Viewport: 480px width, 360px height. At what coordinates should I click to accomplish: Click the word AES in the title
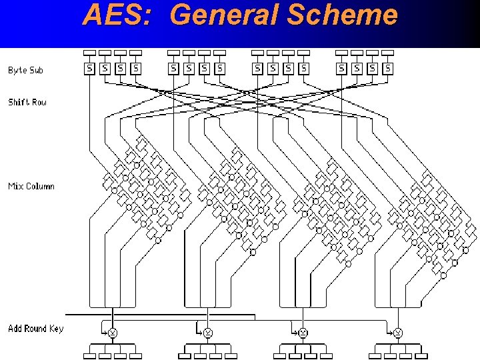pyautogui.click(x=109, y=15)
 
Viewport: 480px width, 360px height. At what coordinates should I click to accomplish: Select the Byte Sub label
pyautogui.click(x=26, y=70)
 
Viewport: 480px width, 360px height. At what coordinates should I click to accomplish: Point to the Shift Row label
pyautogui.click(x=27, y=102)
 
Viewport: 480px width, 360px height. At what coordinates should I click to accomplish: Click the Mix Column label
pyautogui.click(x=31, y=186)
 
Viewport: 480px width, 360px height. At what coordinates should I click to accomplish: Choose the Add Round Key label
pyautogui.click(x=36, y=328)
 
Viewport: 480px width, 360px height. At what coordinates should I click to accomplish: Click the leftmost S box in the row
pyautogui.click(x=89, y=67)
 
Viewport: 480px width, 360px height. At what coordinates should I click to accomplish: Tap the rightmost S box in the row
pyautogui.click(x=388, y=67)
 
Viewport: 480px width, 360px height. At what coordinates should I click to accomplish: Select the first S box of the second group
pyautogui.click(x=173, y=67)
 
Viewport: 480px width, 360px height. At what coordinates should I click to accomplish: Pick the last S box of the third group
pyautogui.click(x=304, y=67)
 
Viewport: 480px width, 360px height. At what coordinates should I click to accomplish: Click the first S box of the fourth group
pyautogui.click(x=341, y=67)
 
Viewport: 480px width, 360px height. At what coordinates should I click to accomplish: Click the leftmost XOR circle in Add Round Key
pyautogui.click(x=113, y=332)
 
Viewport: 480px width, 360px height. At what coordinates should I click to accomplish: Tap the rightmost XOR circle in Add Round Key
pyautogui.click(x=398, y=332)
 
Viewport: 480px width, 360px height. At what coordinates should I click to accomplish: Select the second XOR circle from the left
pyautogui.click(x=208, y=332)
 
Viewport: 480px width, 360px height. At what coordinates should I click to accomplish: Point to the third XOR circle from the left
pyautogui.click(x=303, y=332)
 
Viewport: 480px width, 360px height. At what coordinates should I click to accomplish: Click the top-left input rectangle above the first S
pyautogui.click(x=89, y=53)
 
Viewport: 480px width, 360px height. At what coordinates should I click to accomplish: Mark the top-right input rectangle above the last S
pyautogui.click(x=388, y=53)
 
